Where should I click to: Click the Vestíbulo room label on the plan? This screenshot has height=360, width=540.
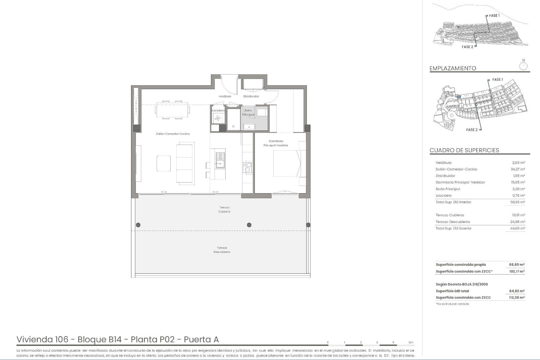pyautogui.click(x=225, y=96)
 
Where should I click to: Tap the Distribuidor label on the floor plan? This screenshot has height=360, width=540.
pyautogui.click(x=251, y=96)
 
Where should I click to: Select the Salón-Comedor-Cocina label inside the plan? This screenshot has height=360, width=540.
pyautogui.click(x=173, y=134)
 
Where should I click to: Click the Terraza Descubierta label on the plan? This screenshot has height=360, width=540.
pyautogui.click(x=222, y=250)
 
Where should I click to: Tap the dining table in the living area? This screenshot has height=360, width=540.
pyautogui.click(x=172, y=110)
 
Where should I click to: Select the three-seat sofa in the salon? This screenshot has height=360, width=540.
pyautogui.click(x=185, y=163)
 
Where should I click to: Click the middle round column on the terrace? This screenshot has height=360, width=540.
pyautogui.click(x=249, y=225)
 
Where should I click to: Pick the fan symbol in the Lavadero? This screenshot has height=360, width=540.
pyautogui.click(x=218, y=118)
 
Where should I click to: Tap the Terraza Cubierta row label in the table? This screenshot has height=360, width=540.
pyautogui.click(x=450, y=215)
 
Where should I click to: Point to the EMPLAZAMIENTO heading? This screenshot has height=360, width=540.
pyautogui.click(x=453, y=68)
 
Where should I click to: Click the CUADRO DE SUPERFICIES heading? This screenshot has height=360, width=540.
pyautogui.click(x=464, y=150)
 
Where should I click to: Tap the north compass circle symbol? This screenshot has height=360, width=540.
pyautogui.click(x=523, y=67)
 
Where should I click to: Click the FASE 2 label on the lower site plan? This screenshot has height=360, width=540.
pyautogui.click(x=472, y=130)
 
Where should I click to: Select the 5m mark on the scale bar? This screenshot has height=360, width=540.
pyautogui.click(x=411, y=342)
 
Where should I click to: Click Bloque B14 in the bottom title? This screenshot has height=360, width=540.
pyautogui.click(x=99, y=339)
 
